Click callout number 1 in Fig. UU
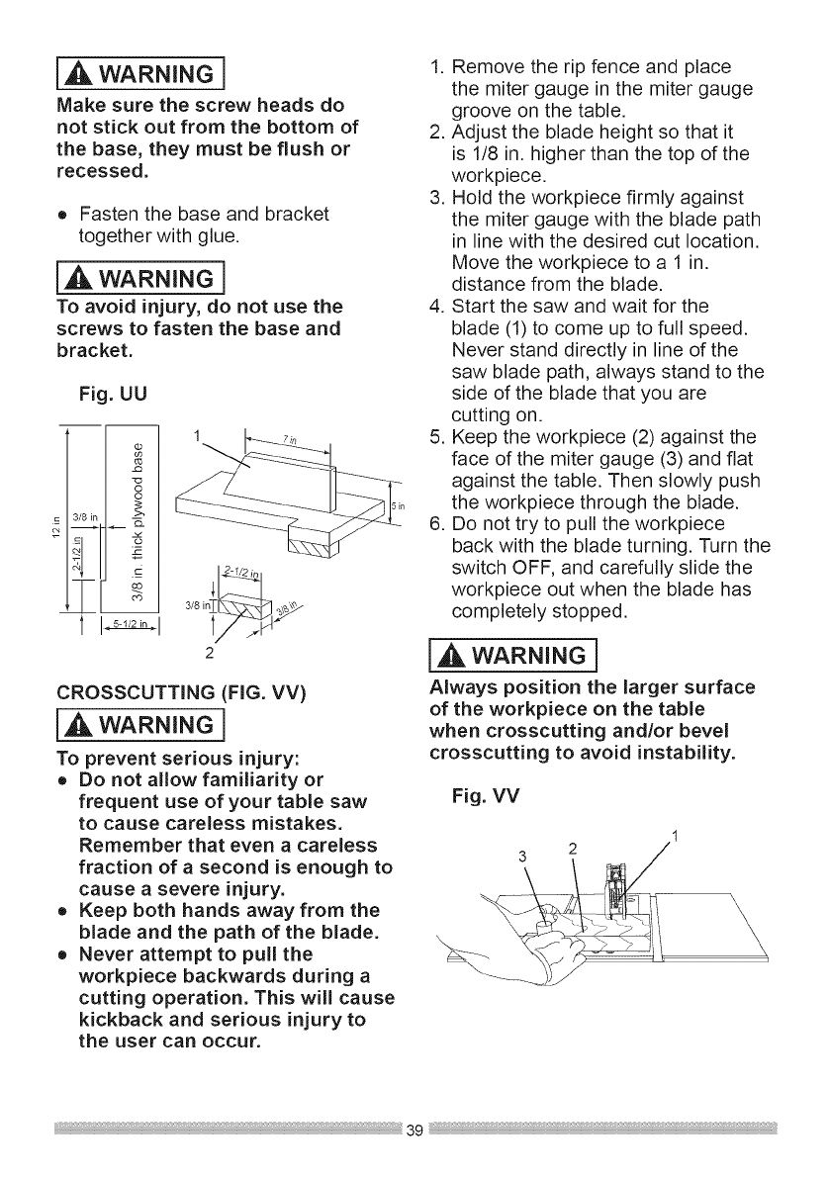tap(198, 436)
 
